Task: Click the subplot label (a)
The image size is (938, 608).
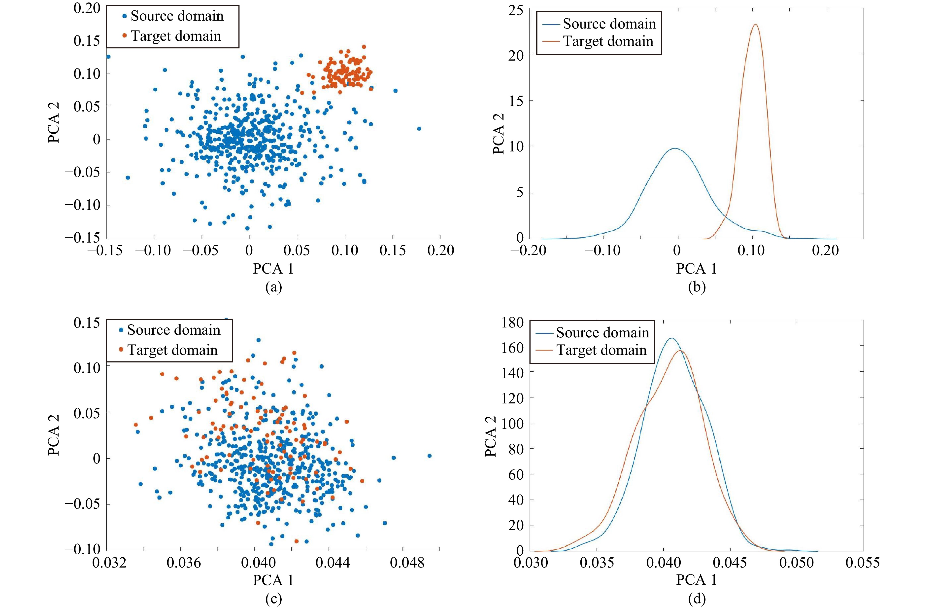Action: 273,287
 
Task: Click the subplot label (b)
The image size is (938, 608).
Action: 696,287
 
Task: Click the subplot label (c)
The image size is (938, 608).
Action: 273,599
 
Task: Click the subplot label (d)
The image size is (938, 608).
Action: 696,599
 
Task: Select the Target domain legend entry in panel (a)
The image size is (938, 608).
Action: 175,36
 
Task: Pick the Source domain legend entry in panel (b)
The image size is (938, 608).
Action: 609,24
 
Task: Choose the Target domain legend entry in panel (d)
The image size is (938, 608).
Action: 601,350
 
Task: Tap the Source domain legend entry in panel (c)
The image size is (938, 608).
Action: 173,330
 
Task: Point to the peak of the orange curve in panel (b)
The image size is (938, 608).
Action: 755,24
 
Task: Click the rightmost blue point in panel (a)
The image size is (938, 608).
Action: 419,129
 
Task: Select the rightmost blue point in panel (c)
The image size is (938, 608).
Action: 429,456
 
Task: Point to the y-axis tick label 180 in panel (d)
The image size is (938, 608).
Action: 512,322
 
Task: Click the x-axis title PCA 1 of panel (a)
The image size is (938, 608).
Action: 273,269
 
